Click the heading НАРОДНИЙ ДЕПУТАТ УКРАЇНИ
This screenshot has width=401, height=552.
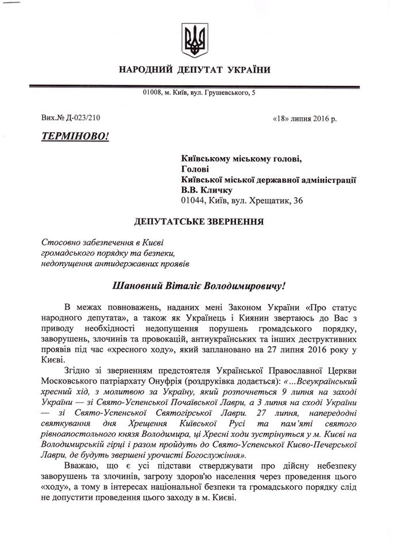coord(194,70)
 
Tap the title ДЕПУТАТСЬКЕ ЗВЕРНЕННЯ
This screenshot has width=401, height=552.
coord(195,221)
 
